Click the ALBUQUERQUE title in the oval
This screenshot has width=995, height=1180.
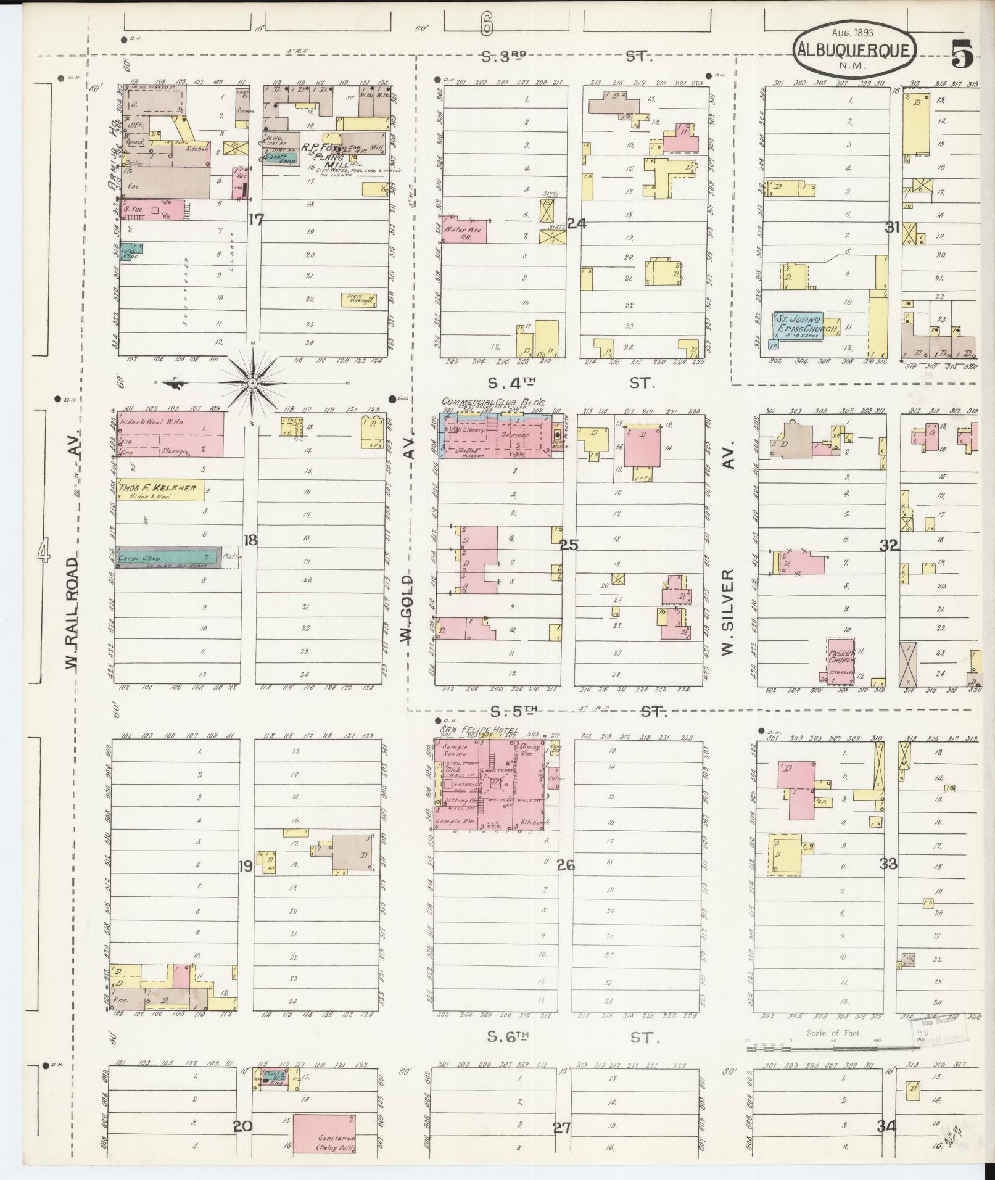(x=854, y=49)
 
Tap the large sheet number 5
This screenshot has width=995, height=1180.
(x=962, y=56)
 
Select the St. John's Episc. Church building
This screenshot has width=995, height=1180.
(x=799, y=326)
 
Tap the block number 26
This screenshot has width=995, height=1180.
(x=565, y=865)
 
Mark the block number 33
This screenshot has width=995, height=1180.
(x=888, y=864)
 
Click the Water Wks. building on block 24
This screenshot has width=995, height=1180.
(x=464, y=230)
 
